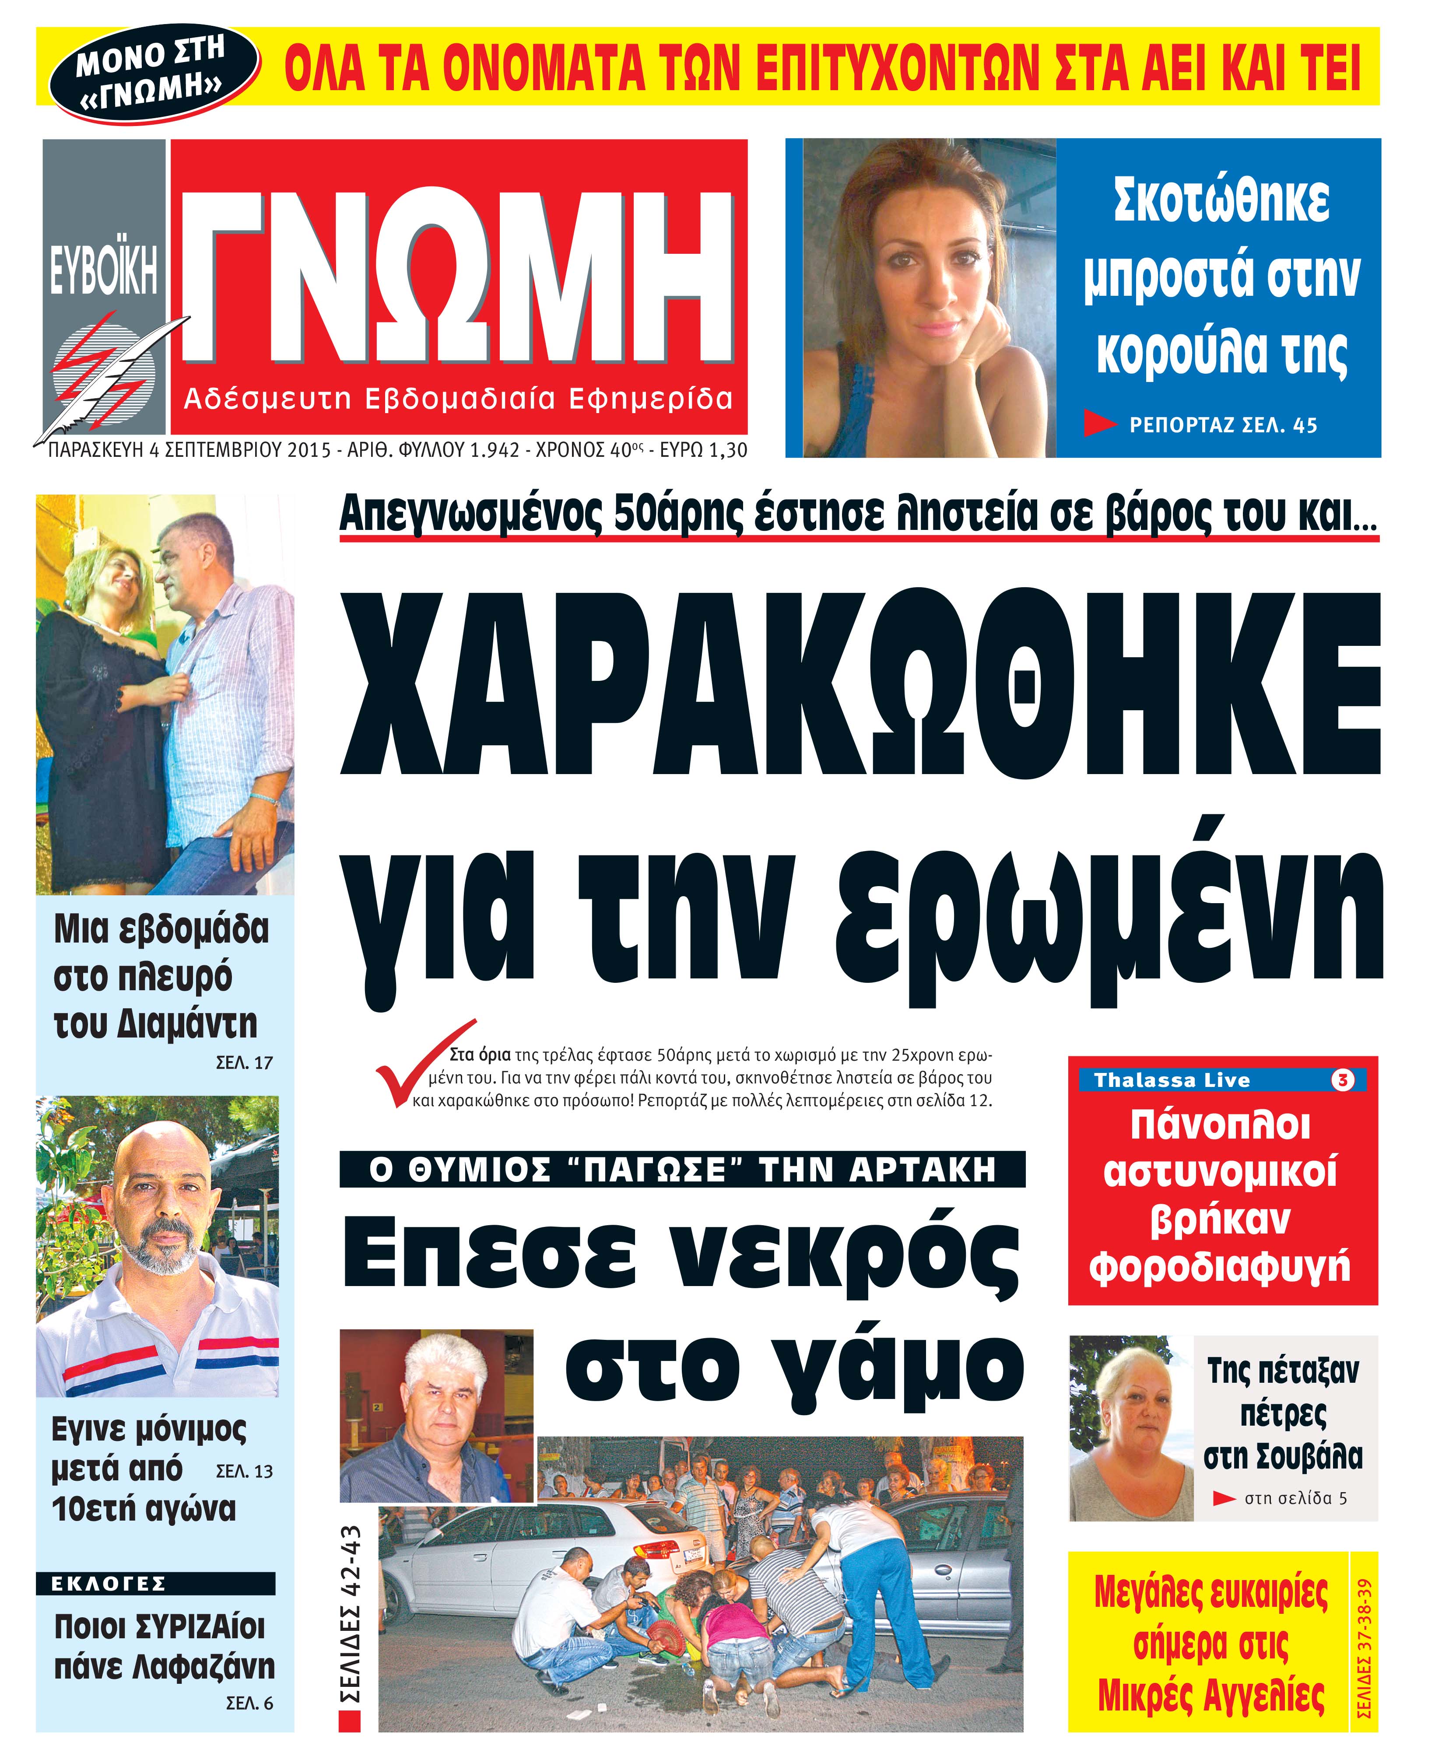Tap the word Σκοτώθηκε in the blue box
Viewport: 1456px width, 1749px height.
(1221, 201)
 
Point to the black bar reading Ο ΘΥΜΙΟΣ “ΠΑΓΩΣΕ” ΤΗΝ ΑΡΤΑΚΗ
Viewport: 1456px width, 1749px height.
(682, 1169)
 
